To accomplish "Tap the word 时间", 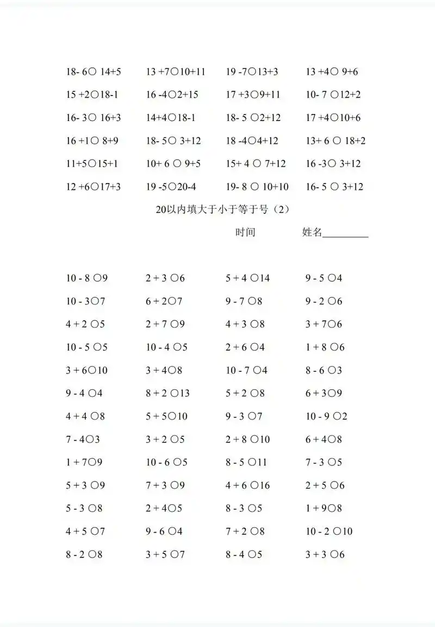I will [245, 233].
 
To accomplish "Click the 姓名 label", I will [312, 233].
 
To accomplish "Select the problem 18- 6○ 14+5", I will [93, 72].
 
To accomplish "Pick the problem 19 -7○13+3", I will [252, 72].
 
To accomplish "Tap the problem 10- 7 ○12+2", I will [333, 95].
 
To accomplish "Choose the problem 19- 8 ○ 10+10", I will [257, 187].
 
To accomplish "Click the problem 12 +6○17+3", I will [93, 187].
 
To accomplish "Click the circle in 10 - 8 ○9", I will [97, 278].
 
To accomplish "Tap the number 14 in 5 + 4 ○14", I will [264, 278].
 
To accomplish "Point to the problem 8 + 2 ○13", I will [167, 393].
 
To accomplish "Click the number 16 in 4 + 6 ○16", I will [264, 485].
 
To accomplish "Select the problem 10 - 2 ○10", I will [328, 531].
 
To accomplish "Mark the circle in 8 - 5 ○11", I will [252, 463].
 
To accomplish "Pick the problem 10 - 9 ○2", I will [326, 416].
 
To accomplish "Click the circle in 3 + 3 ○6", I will [332, 555].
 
